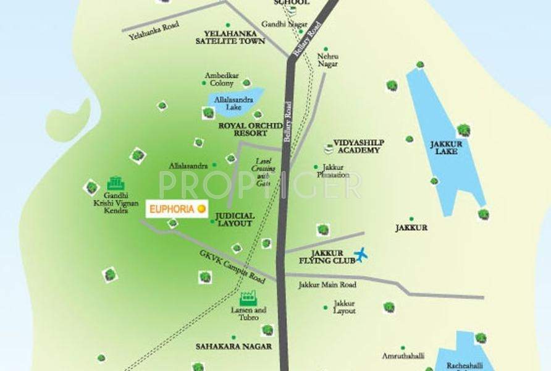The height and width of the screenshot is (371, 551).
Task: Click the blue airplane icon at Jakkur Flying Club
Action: pos(361,254)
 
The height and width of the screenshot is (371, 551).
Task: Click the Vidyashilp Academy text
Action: pos(358,145)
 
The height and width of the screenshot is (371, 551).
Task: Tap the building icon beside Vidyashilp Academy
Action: pos(328,148)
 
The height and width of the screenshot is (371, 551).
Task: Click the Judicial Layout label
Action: pos(235,220)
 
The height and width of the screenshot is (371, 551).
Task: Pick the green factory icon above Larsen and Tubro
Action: pos(251,297)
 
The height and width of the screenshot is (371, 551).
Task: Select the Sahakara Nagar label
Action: pos(233,346)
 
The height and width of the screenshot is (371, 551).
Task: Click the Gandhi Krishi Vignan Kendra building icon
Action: pos(116,183)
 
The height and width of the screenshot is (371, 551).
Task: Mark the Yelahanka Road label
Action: pos(149,33)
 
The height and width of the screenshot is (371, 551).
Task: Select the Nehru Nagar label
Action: pos(328,60)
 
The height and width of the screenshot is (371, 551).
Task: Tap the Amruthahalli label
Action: pos(402,357)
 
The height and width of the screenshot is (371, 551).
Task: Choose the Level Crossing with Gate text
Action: pos(264,173)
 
